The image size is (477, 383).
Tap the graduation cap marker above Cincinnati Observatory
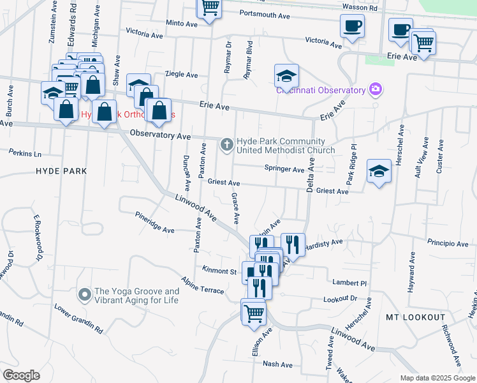(287, 75)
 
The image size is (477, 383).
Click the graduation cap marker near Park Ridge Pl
(379, 171)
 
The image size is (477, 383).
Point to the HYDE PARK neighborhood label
(61, 171)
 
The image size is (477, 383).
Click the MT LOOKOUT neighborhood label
(416, 317)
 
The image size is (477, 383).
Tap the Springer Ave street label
(285, 169)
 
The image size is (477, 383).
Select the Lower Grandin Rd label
(78, 319)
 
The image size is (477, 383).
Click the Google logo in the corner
(21, 375)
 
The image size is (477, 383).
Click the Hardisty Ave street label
(324, 243)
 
